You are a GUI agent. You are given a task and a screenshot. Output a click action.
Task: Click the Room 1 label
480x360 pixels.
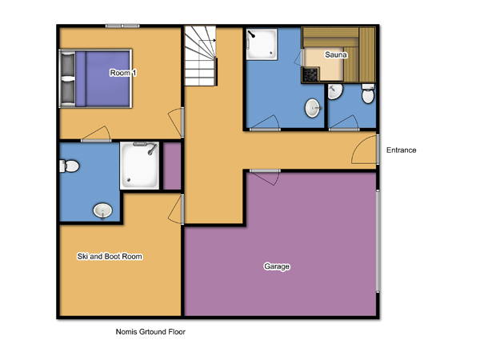[123, 73]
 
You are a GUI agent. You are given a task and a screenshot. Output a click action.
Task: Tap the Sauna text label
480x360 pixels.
[336, 54]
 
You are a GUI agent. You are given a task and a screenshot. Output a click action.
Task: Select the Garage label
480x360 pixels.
[277, 266]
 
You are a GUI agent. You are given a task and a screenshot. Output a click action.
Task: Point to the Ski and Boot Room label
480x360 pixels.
[110, 256]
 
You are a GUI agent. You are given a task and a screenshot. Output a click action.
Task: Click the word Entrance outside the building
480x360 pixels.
[401, 150]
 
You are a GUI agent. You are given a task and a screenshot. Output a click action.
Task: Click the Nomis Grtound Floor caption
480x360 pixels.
[150, 331]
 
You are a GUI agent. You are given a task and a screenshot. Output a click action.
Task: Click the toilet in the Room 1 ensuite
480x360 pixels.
[69, 166]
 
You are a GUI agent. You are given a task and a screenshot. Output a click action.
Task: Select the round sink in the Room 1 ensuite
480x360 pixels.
[102, 211]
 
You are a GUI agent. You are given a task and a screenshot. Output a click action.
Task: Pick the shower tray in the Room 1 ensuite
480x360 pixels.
[139, 166]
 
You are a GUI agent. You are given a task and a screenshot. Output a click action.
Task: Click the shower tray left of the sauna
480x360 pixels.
[262, 44]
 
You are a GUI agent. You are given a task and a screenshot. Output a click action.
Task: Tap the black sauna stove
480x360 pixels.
[310, 74]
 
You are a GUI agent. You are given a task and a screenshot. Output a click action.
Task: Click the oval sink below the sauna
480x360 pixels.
[313, 108]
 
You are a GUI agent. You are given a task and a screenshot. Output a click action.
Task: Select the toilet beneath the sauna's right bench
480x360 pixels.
[368, 94]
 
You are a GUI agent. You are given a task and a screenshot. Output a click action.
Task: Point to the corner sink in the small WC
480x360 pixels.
[335, 91]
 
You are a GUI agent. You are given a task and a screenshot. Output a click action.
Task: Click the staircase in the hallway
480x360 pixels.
[200, 56]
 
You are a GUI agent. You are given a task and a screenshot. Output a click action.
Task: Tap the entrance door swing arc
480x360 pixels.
[364, 150]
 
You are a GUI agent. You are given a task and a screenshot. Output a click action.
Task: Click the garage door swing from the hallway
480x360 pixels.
[265, 178]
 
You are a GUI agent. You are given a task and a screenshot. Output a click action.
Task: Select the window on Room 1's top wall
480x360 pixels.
[122, 26]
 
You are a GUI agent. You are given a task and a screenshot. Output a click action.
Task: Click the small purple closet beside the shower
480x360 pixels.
[172, 166]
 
